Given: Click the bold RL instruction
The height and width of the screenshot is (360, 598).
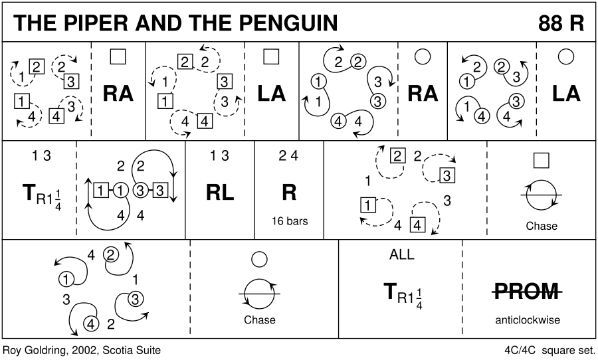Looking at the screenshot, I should pos(219,192).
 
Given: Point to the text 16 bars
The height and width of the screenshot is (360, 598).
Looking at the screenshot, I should pos(289,221).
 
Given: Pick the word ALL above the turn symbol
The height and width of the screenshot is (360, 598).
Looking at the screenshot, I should pos(401,255).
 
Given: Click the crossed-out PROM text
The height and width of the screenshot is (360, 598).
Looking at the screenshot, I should pos(528,290).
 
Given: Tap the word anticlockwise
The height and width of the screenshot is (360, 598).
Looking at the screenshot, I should pos(528,320).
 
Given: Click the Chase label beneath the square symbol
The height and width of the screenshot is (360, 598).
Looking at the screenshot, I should pos(541,226).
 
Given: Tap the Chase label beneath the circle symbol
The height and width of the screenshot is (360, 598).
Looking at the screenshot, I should pos(260,320).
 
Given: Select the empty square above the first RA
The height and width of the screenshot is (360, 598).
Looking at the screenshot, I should pos(118,57).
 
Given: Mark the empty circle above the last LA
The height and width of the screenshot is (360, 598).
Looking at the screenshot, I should pos(566,57).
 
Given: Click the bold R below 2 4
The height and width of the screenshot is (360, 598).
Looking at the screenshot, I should pos(289,192).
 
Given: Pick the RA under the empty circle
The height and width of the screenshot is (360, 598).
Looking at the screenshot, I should pos(423,94).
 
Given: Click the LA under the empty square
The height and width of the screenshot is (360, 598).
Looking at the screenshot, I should pos(271,94).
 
